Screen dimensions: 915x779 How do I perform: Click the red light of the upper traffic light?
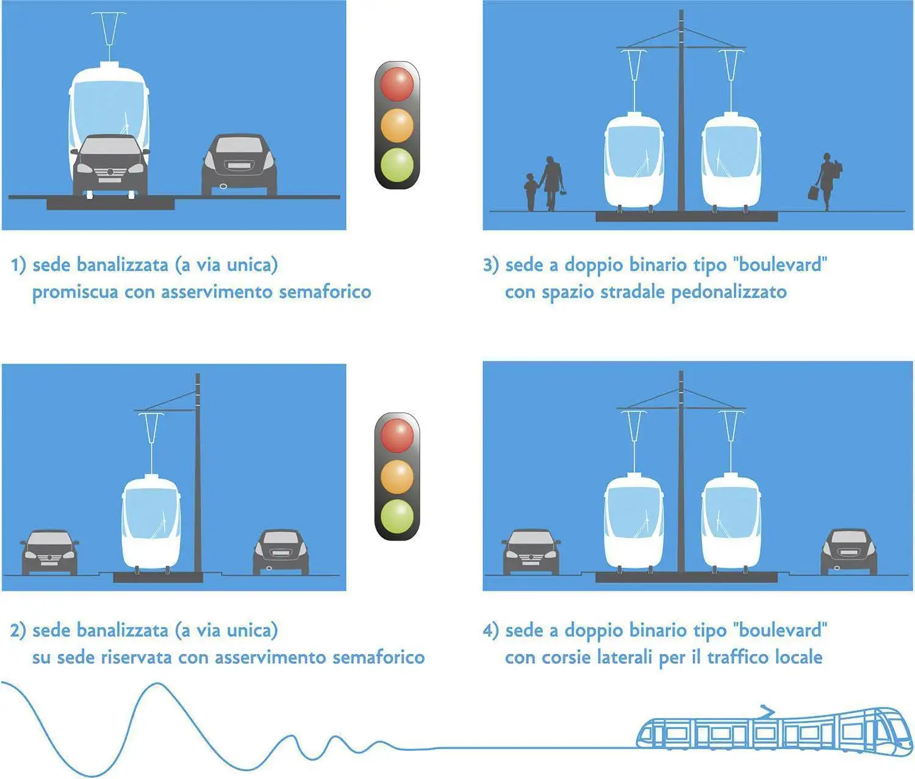click(397, 84)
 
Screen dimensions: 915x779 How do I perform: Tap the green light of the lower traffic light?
click(397, 516)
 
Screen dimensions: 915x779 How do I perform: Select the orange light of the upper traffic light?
click(397, 125)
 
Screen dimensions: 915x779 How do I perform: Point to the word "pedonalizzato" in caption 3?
click(728, 293)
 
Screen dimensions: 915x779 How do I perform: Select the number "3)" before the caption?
click(490, 265)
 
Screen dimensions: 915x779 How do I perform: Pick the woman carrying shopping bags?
click(825, 181)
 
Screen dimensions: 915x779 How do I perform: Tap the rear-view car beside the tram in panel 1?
click(239, 165)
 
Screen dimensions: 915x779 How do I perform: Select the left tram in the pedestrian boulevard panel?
click(634, 162)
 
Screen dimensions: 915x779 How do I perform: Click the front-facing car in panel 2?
click(49, 553)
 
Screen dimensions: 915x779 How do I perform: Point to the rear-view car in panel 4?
click(849, 552)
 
